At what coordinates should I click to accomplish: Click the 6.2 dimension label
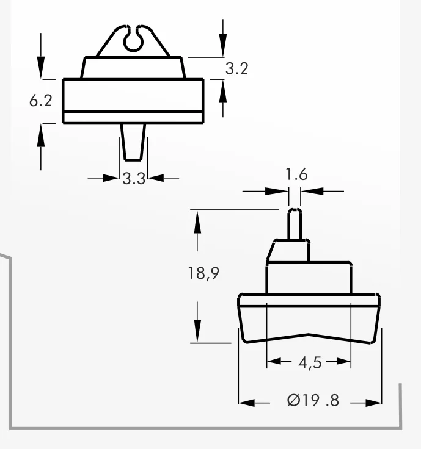(41, 101)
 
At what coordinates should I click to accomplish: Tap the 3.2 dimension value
(236, 69)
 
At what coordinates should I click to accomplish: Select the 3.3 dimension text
(134, 179)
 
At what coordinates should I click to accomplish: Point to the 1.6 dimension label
(296, 174)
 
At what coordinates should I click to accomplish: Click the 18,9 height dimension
(203, 273)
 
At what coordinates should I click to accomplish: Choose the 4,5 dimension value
(310, 363)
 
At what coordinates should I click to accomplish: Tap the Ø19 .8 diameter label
(313, 400)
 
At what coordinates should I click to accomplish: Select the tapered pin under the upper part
(133, 142)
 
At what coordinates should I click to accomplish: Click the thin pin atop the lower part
(295, 224)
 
